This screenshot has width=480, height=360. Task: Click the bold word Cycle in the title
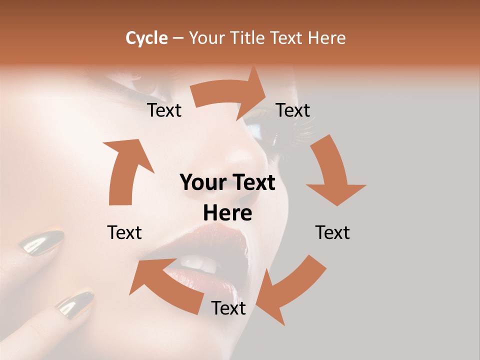[x=146, y=38]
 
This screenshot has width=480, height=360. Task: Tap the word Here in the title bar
[x=327, y=38]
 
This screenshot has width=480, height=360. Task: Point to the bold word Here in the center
[x=227, y=213]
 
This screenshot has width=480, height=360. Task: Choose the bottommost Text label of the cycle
[x=228, y=308]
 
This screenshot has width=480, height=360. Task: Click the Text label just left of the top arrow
[x=164, y=110]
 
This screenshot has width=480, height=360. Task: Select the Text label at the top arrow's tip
[x=293, y=110]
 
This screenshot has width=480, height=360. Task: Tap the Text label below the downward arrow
[x=332, y=232]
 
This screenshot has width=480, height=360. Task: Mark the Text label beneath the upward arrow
[x=124, y=232]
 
